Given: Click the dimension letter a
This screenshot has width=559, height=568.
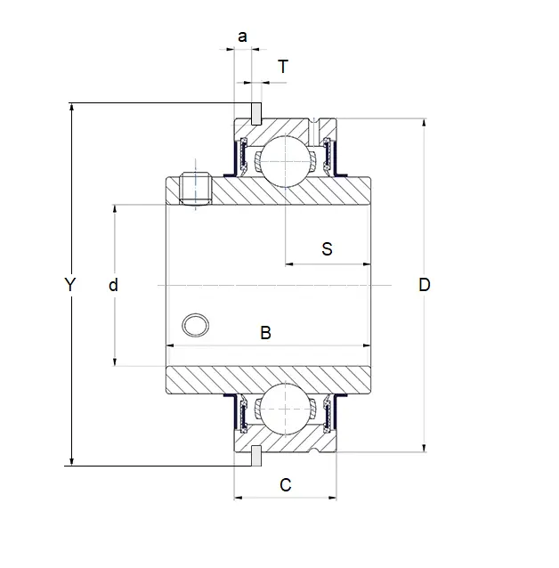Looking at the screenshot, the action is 242,37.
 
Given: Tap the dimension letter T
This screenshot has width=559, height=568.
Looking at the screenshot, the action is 283,66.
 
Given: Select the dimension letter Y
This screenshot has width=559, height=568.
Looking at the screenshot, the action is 70,285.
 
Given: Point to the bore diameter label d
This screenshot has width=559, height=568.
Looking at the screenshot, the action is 113,285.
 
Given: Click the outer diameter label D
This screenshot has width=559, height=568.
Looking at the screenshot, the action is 425,285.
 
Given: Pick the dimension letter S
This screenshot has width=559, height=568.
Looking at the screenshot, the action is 327,249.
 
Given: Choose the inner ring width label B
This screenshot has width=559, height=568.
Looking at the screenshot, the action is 265,333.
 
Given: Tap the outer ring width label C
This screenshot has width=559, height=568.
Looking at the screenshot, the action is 286,484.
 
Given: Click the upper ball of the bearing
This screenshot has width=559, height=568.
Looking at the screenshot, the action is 286,161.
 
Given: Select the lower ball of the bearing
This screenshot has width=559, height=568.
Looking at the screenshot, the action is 286,410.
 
